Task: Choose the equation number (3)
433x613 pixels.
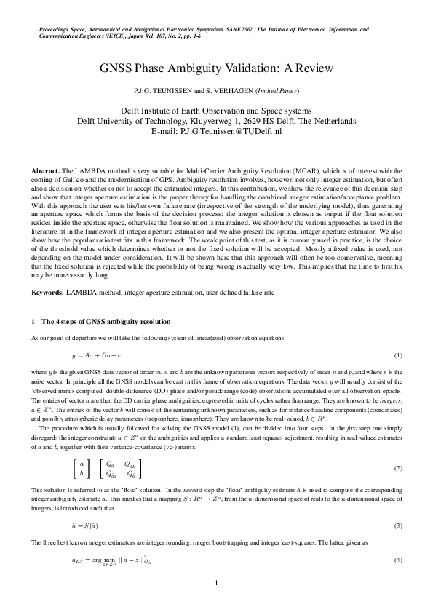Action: click(398, 525)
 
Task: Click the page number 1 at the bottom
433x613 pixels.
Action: click(216, 584)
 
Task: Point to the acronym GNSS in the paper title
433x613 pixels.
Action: click(114, 69)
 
